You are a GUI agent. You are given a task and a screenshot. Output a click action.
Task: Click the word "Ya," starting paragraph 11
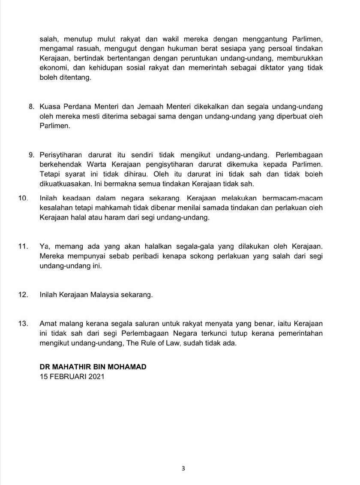[45, 247]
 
